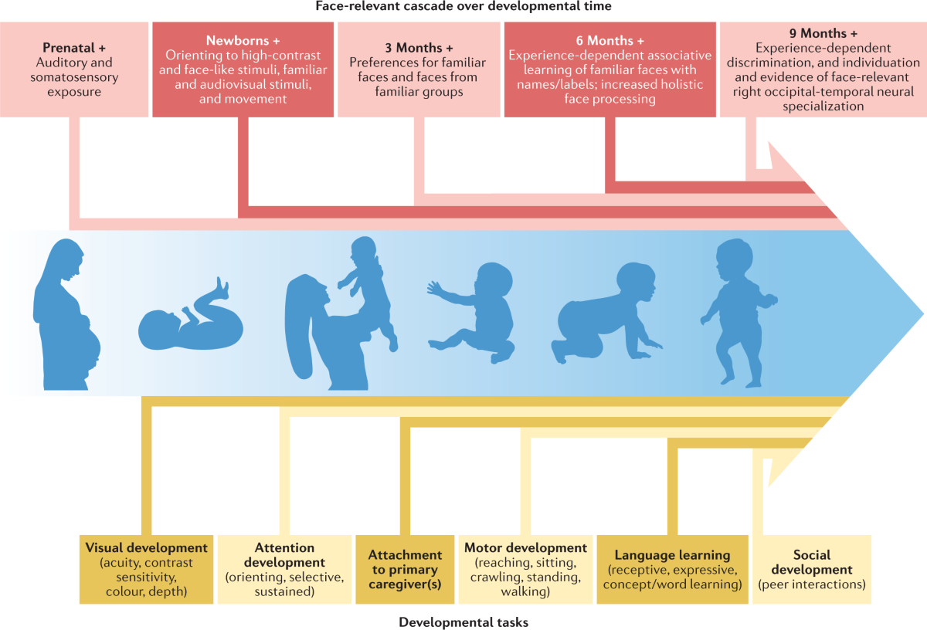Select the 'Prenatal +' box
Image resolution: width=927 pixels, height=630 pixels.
coord(74,69)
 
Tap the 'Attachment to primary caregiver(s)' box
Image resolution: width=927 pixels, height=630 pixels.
coord(405,570)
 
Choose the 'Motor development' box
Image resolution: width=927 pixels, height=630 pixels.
coord(525,570)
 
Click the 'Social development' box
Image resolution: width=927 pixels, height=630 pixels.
coord(811,570)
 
